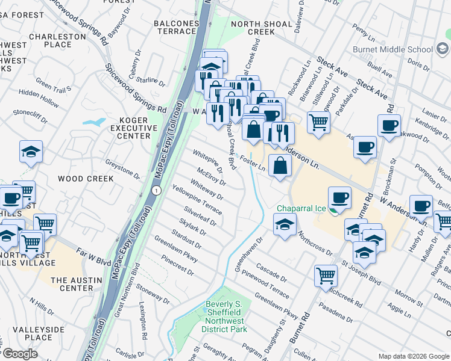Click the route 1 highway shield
[x=156, y=191]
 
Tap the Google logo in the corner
[x=19, y=354]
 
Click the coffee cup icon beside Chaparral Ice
[x=340, y=197]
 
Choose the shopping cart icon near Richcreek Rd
[x=326, y=276]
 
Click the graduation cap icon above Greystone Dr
[x=31, y=152]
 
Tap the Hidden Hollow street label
[x=39, y=99]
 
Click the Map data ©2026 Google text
[x=413, y=356]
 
